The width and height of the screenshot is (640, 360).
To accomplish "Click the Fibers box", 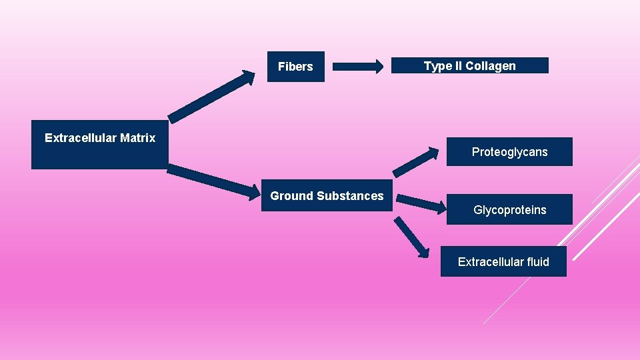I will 295,67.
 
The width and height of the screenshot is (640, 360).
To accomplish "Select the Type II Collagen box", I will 469,65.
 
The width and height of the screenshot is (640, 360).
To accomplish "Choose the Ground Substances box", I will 327,196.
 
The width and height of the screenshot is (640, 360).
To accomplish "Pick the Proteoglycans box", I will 509,152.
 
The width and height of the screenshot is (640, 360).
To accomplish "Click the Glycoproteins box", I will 509,210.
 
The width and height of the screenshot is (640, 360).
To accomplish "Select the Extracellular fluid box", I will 503,261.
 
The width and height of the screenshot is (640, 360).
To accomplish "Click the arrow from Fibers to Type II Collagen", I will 357,66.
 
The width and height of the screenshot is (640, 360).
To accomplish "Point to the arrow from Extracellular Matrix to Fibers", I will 211,97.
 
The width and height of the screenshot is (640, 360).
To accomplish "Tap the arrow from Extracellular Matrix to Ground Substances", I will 213,182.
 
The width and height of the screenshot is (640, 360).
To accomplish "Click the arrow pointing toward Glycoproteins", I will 421,203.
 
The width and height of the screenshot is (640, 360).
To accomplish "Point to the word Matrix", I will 138,138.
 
